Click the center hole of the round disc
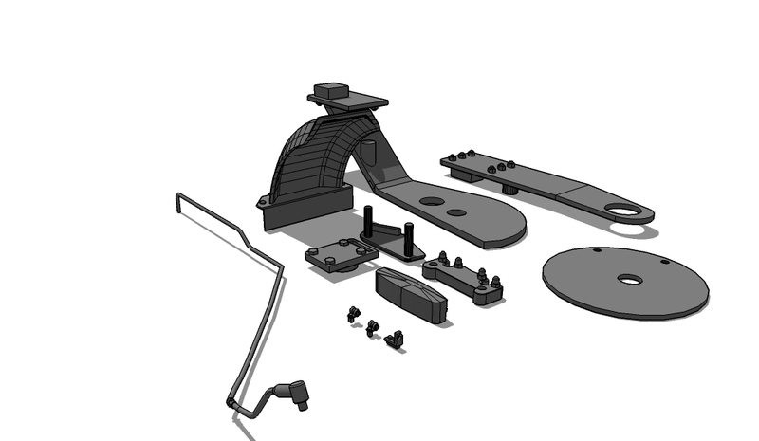click(627, 280)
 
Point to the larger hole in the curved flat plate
click(432, 201)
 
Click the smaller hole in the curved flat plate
click(456, 212)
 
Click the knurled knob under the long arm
click(509, 188)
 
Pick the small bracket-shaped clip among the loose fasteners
click(395, 337)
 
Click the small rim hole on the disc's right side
click(665, 261)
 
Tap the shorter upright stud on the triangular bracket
click(409, 232)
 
